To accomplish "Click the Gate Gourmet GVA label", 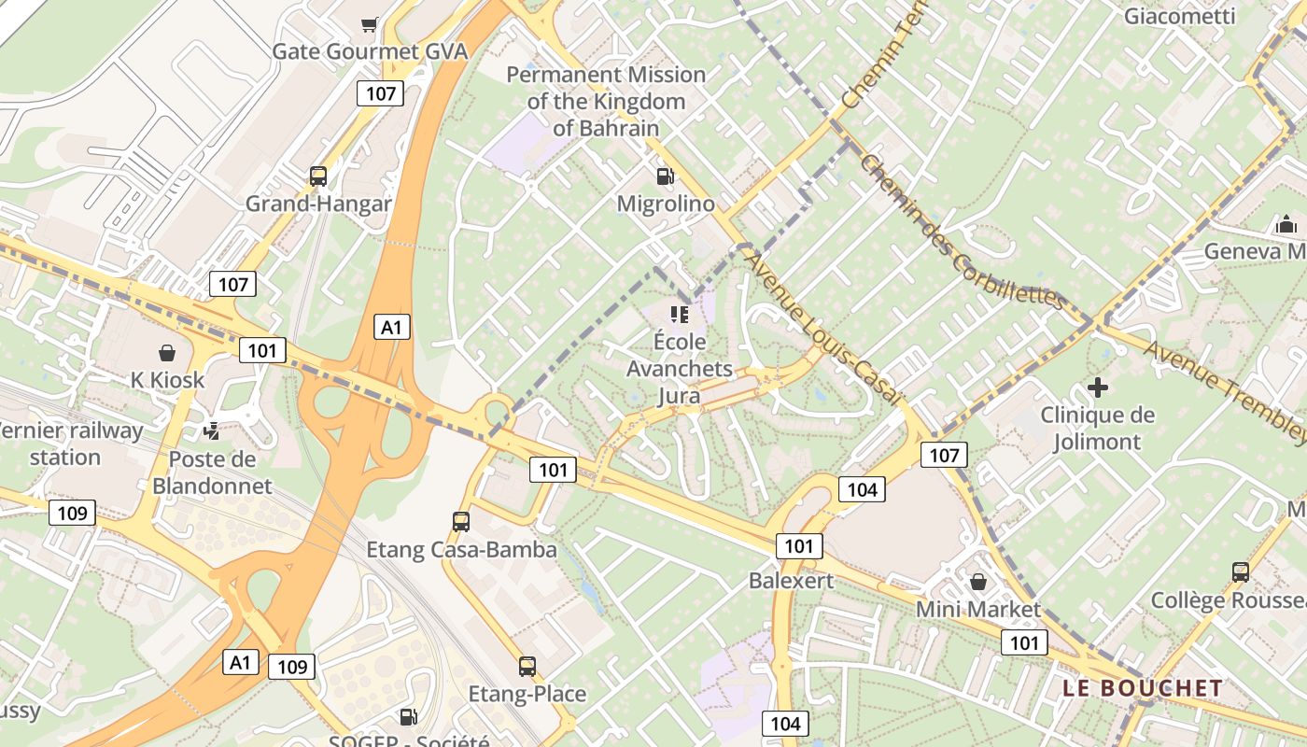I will click(370, 51).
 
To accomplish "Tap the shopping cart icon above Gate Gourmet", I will click(370, 24).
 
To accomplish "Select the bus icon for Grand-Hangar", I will click(318, 176).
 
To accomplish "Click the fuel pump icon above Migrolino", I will click(666, 176).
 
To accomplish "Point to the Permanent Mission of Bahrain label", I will click(606, 101).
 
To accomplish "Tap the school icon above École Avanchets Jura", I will click(680, 314).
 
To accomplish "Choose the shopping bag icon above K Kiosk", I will click(167, 353).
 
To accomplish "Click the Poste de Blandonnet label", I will click(212, 472).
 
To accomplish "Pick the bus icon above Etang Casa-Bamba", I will click(461, 521).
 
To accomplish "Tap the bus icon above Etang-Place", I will click(527, 667).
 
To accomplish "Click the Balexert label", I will click(791, 581).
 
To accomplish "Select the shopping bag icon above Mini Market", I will click(977, 582).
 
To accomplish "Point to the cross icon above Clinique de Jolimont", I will click(1098, 387).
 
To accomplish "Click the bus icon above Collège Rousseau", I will click(1241, 572).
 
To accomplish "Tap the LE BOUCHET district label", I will click(1143, 688).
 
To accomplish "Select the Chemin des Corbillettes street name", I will click(962, 233).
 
